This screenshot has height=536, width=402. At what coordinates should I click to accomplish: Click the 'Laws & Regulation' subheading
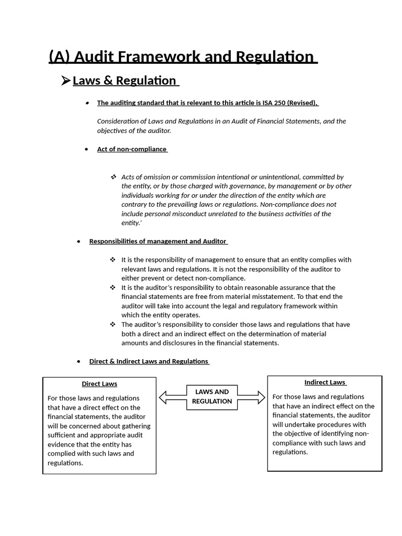coord(125,81)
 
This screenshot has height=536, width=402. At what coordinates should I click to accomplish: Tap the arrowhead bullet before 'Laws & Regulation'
coord(65,81)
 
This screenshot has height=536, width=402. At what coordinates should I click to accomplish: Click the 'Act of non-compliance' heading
coord(131,149)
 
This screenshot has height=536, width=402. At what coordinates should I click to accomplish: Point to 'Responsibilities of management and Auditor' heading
coord(158,241)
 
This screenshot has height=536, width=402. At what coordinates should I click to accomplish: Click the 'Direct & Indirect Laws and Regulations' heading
coord(149,361)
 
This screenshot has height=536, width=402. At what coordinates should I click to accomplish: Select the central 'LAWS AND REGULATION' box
coord(212,396)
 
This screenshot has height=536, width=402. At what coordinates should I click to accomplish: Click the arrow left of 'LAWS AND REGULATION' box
coord(172,398)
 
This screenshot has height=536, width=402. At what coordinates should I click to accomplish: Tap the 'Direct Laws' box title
coord(99,384)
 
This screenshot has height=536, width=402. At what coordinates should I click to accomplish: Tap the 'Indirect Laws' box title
coord(325,382)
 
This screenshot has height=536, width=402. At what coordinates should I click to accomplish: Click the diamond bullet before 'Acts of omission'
coord(114,177)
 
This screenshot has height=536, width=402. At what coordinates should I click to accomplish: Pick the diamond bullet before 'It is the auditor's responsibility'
coord(114,287)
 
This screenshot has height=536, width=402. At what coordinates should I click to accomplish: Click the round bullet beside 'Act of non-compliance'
coord(87,149)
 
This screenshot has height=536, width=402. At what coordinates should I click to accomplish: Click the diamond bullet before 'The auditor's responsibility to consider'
coord(114,325)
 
